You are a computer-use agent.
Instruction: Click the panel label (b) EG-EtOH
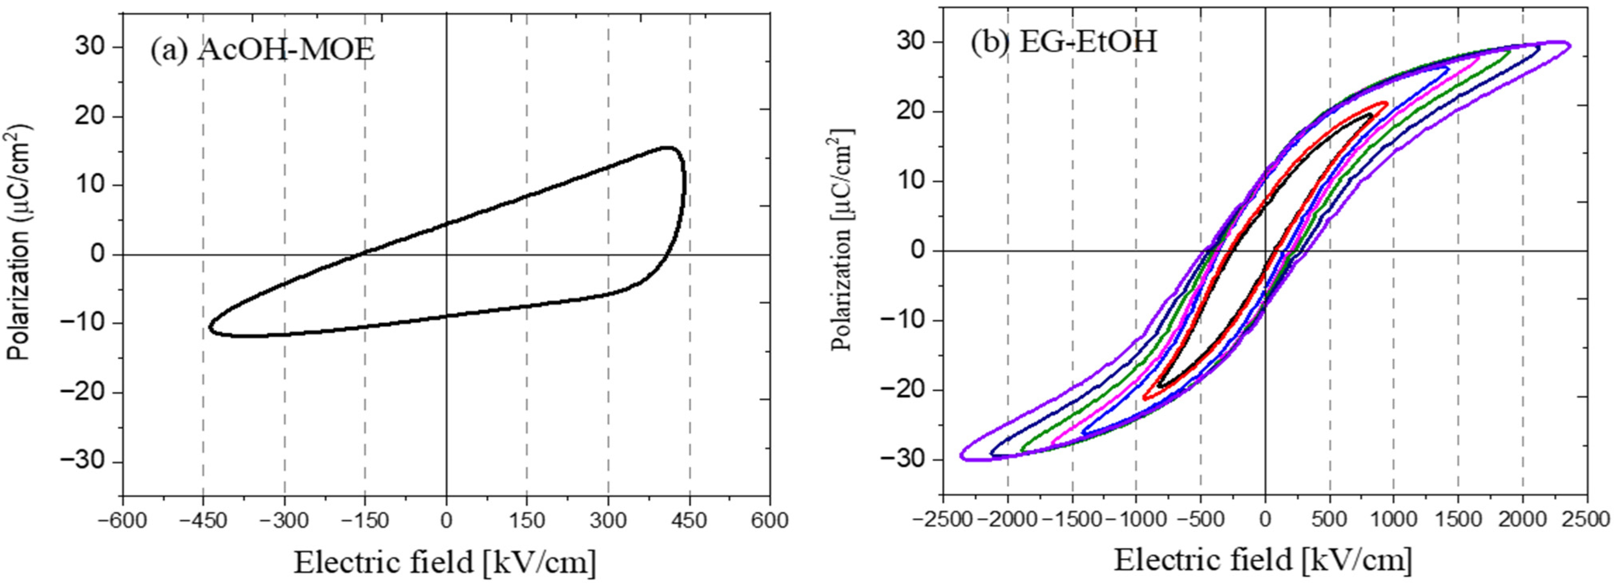(1063, 42)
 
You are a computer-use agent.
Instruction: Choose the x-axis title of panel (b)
(1262, 560)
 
